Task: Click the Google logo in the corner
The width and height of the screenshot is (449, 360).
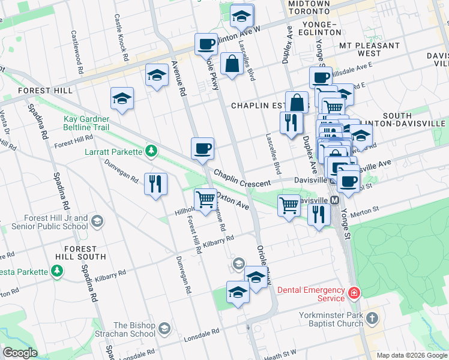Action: click(x=20, y=353)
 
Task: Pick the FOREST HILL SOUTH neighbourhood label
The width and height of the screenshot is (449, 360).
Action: click(x=80, y=253)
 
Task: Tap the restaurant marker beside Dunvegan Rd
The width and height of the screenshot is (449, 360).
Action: click(x=155, y=184)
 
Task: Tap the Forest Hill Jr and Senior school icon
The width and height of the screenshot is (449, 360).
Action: click(x=95, y=223)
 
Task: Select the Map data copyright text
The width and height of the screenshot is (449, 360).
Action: click(x=411, y=355)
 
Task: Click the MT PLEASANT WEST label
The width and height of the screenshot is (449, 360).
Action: click(x=360, y=49)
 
